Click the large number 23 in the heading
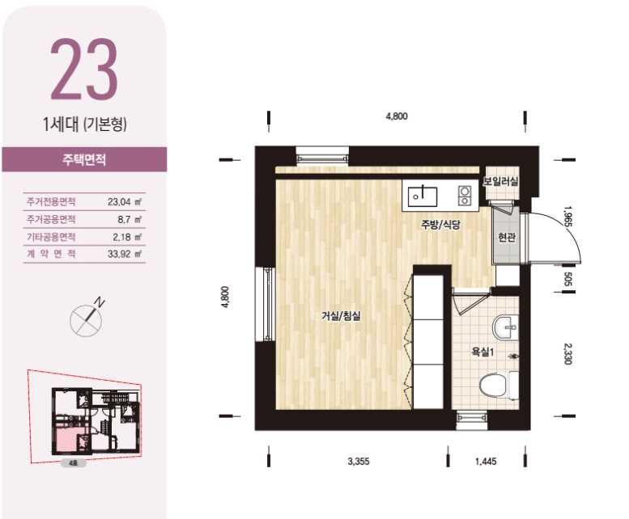pyautogui.click(x=84, y=69)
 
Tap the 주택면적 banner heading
pyautogui.click(x=84, y=160)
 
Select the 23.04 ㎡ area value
pyautogui.click(x=125, y=201)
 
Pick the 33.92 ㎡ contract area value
pyautogui.click(x=125, y=254)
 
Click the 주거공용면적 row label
pyautogui.click(x=51, y=219)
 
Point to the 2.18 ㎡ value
pyautogui.click(x=127, y=237)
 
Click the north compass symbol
pyautogui.click(x=87, y=318)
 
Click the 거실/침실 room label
pyautogui.click(x=341, y=316)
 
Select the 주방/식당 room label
pyautogui.click(x=440, y=225)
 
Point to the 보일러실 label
pyautogui.click(x=500, y=181)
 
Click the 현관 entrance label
pyautogui.click(x=506, y=238)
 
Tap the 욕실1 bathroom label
pyautogui.click(x=483, y=352)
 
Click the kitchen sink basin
pyautogui.click(x=423, y=196)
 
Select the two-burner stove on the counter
pyautogui.click(x=465, y=196)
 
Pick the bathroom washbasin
pyautogui.click(x=505, y=327)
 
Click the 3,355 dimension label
pyautogui.click(x=359, y=462)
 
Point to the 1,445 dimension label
pyautogui.click(x=486, y=462)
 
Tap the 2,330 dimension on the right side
pyautogui.click(x=567, y=354)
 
